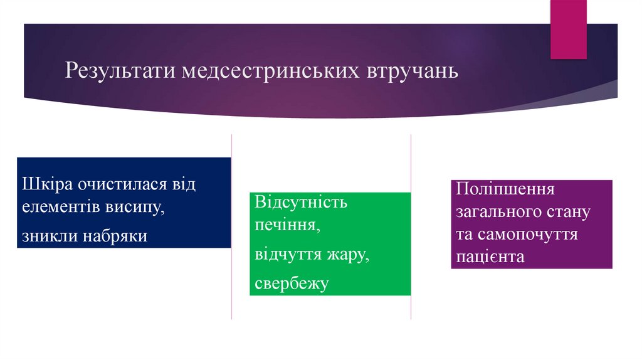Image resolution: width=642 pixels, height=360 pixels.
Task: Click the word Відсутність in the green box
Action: coord(302,203)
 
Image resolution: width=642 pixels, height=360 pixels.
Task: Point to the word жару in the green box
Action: coord(348,254)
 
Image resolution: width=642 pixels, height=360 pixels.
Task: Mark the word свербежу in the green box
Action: coord(292,284)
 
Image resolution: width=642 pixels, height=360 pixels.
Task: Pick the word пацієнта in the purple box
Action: coord(490,257)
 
